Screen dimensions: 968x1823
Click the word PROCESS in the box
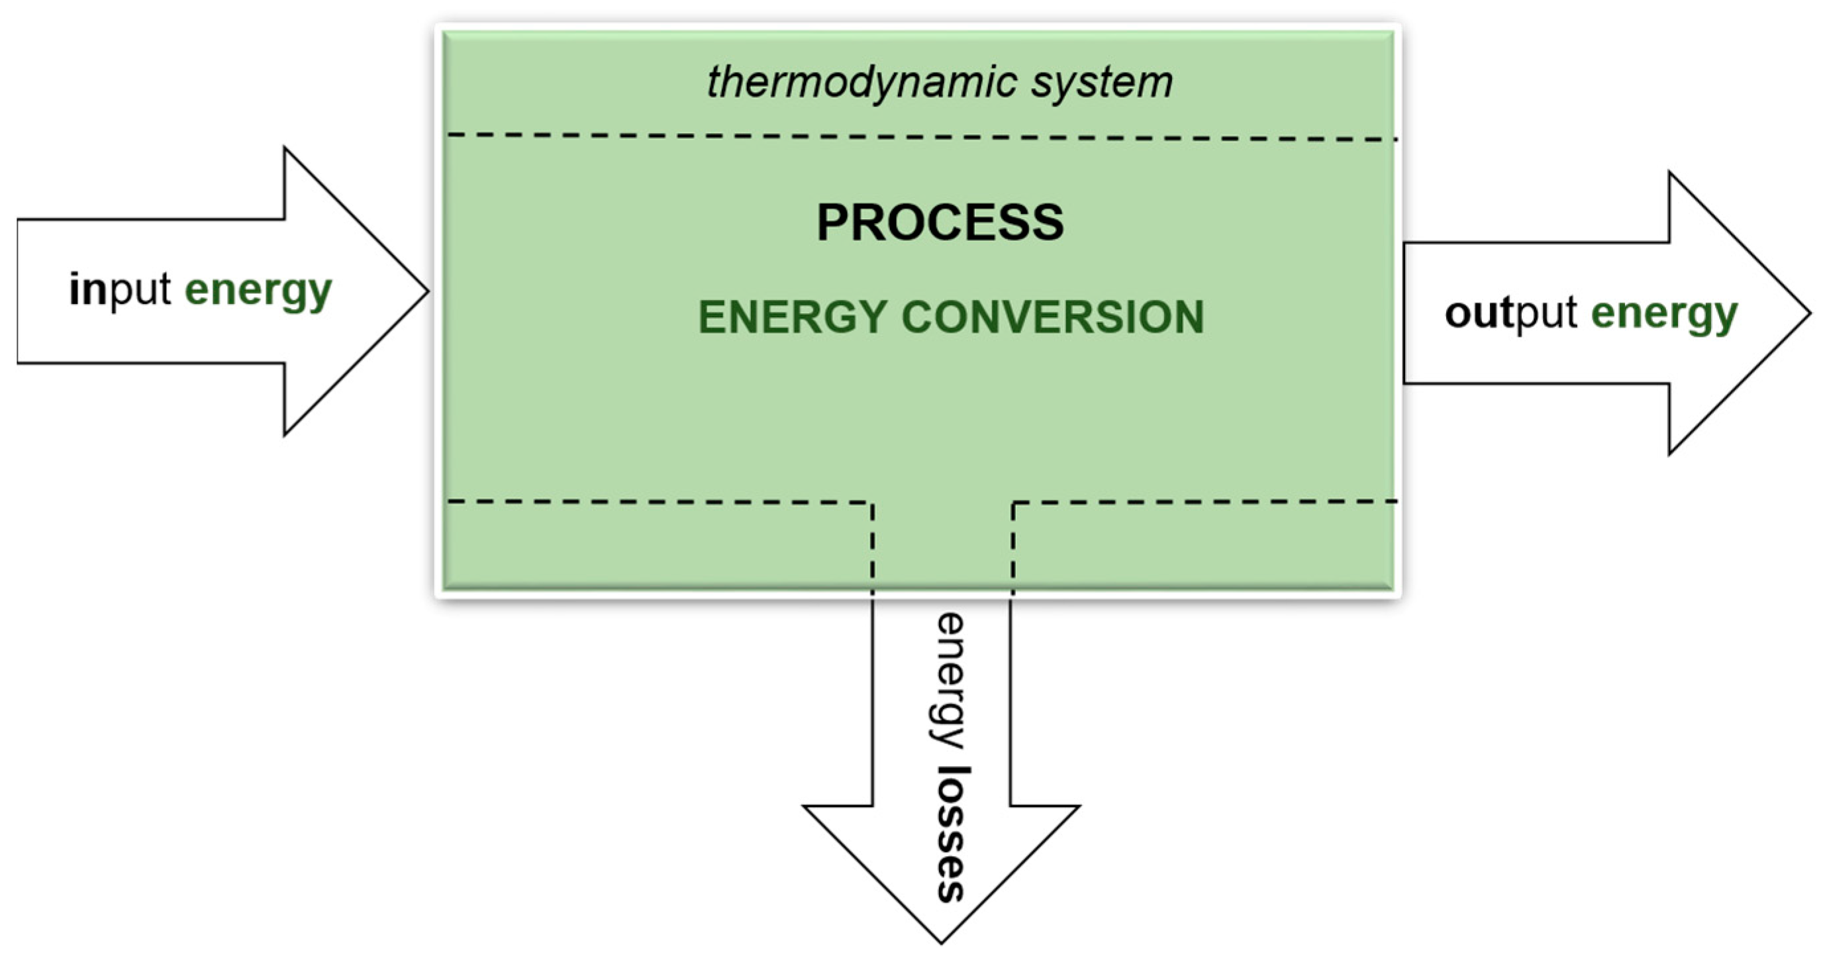point(940,223)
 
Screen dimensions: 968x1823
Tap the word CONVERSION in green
point(1052,317)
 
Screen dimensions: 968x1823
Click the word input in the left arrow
point(120,290)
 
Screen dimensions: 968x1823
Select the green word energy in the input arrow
point(258,291)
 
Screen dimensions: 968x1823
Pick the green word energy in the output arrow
point(1664,315)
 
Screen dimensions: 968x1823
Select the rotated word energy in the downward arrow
point(949,681)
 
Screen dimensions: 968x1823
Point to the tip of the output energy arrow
point(1808,313)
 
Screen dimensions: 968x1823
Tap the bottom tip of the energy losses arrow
point(941,942)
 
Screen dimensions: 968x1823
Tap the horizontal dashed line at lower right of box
point(1203,502)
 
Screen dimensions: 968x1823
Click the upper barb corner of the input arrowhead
point(285,148)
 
